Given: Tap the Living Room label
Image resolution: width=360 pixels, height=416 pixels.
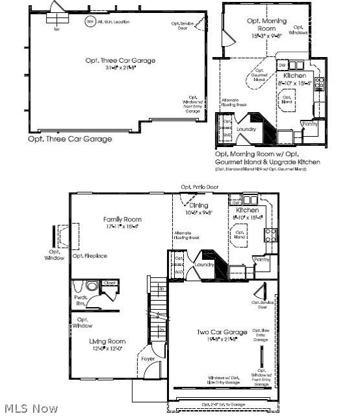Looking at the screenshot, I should click(x=107, y=341).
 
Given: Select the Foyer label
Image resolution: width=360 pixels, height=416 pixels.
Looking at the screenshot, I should click(x=148, y=358).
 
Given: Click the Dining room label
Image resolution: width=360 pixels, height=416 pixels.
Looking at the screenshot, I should click(x=199, y=205).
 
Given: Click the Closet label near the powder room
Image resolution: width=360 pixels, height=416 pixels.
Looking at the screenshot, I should click(x=109, y=283).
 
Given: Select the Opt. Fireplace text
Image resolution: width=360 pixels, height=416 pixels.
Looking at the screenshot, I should click(x=90, y=256).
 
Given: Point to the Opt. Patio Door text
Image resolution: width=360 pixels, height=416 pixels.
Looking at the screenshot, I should click(x=199, y=187).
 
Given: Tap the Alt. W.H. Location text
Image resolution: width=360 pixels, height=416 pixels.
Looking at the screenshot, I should click(x=113, y=22).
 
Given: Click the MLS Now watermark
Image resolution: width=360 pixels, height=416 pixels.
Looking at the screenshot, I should click(x=29, y=409).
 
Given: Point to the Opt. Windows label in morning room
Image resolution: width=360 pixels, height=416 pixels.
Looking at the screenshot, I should click(x=298, y=29).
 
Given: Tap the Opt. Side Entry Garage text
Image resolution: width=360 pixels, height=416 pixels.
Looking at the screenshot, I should click(x=260, y=335).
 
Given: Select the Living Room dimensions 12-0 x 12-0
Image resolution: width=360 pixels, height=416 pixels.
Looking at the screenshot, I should click(x=107, y=349).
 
